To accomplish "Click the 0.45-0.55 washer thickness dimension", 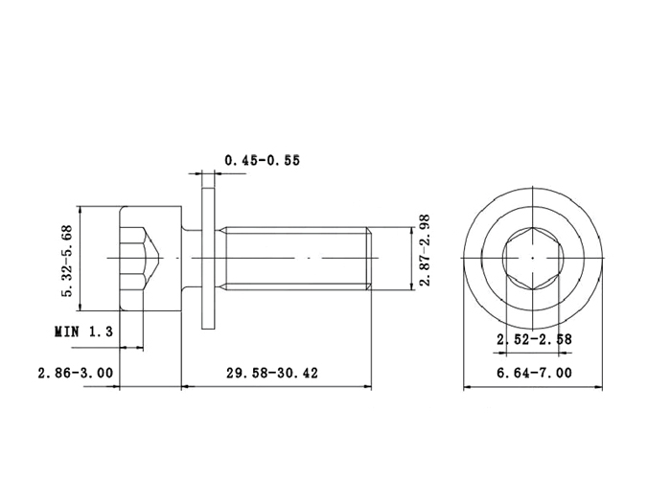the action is pos(263,160).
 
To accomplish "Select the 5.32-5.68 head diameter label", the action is pos(68,261).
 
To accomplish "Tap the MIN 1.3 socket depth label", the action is pos(84,331).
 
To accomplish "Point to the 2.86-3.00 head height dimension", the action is pos(76,373).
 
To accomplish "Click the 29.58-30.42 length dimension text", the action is pos(272,373).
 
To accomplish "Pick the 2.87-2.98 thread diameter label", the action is pos(424,251).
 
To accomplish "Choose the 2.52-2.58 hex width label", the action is pos(534,339).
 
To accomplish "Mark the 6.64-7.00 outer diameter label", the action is pos(534,373).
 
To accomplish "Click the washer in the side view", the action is pos(208,259).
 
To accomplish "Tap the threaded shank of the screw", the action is pos(295,259).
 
